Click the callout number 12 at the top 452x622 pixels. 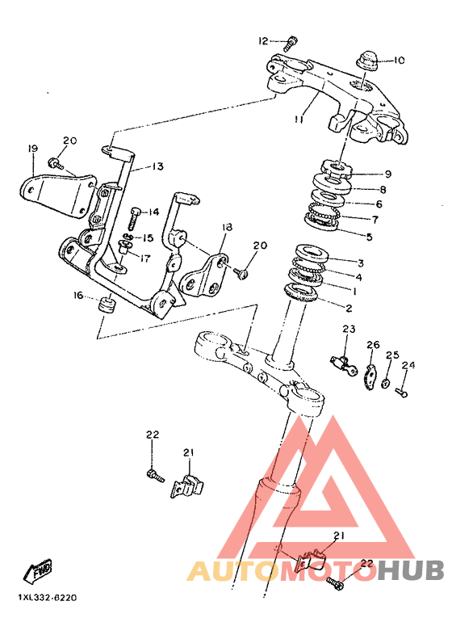pos(263,41)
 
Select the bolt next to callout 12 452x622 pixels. pos(291,43)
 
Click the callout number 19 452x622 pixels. pos(33,149)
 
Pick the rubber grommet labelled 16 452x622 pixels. pos(107,305)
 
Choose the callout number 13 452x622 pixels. pos(157,166)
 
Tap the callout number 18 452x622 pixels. pos(227,227)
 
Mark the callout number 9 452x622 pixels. pos(387,174)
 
